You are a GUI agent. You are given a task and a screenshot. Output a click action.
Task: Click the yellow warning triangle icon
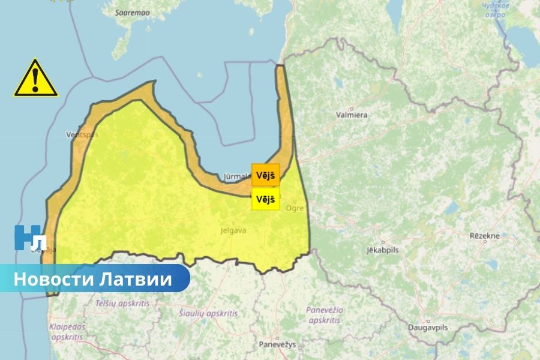pyautogui.click(x=36, y=79)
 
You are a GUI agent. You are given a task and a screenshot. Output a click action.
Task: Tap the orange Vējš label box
pyautogui.click(x=265, y=175)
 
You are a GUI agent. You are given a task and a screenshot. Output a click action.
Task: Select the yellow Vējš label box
pyautogui.click(x=265, y=199)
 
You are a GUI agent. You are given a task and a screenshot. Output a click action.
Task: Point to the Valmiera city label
pyautogui.click(x=352, y=114)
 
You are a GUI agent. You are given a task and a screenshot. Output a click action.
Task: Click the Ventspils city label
pyautogui.click(x=81, y=134)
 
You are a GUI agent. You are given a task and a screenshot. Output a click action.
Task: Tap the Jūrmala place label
pyautogui.click(x=236, y=176)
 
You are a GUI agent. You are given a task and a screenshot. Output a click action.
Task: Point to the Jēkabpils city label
pyautogui.click(x=384, y=250)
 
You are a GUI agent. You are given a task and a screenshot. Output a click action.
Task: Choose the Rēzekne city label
pyautogui.click(x=485, y=236)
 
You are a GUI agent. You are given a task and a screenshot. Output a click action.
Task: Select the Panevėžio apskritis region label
pyautogui.click(x=325, y=315)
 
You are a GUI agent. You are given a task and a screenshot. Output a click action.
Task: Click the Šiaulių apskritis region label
pyautogui.click(x=208, y=313)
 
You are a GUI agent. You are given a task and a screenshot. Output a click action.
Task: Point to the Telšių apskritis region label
pyautogui.click(x=121, y=303)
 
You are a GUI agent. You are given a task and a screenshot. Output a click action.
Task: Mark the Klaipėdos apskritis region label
pyautogui.click(x=67, y=332)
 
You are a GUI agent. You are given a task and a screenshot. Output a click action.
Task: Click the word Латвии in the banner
pyautogui.click(x=135, y=279)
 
